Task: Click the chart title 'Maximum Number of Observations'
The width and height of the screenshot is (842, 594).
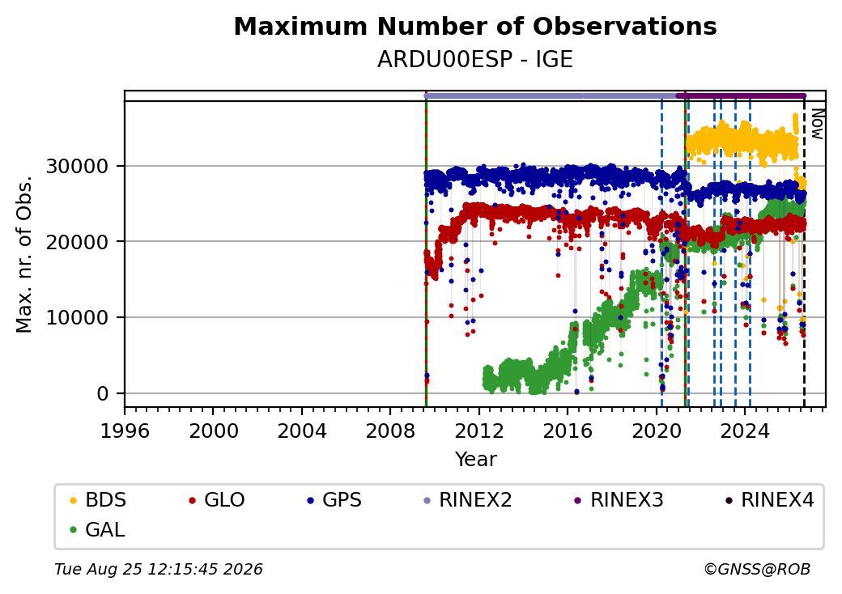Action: pos(475,26)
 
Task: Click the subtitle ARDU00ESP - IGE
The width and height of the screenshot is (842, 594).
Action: pos(475,60)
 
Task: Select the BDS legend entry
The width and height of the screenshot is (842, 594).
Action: pos(98,500)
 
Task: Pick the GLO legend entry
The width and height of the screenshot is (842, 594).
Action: pos(217,500)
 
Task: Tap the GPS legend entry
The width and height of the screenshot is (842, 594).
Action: pos(334,500)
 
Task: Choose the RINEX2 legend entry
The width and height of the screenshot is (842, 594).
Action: pos(468,500)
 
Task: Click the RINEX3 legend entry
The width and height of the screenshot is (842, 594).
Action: pos(619,500)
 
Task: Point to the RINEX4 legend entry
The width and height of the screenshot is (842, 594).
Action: pos(769,500)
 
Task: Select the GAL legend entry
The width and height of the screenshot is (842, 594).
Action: pos(98,529)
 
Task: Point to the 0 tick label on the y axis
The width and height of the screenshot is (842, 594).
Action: pos(103,394)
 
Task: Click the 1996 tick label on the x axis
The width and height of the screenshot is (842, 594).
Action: pos(125,431)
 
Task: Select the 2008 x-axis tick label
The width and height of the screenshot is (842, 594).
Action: pos(390,431)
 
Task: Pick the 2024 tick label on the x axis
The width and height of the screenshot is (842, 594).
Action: pos(744,431)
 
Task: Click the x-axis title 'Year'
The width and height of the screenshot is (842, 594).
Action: pos(476,460)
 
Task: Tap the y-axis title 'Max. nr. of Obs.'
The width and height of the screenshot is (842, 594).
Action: pos(24,254)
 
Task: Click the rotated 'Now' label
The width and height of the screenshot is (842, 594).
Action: pos(817,124)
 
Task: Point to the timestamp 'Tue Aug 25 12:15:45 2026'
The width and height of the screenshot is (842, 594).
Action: pos(159,569)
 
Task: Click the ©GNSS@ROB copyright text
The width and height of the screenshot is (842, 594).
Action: pos(757,569)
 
